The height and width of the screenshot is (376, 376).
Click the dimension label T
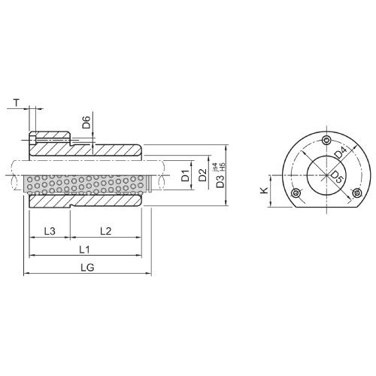(17, 102)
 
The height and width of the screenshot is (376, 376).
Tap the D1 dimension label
(185, 177)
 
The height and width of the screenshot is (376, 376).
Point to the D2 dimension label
(202, 177)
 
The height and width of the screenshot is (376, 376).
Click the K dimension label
(264, 192)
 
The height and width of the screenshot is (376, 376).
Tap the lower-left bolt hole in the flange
(296, 193)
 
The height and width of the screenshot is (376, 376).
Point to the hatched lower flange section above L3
(49, 202)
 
